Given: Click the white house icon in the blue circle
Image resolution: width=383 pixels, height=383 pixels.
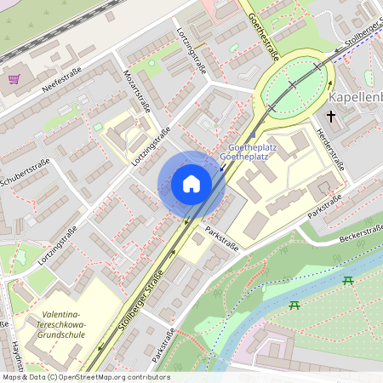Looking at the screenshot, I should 191,184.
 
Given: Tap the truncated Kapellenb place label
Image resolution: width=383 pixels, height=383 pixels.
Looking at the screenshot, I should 354,96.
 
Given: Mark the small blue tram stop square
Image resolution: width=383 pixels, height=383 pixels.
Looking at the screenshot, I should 253,134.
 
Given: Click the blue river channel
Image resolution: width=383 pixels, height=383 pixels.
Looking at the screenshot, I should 281,298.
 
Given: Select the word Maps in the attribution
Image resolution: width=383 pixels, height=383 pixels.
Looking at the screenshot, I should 13,377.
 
